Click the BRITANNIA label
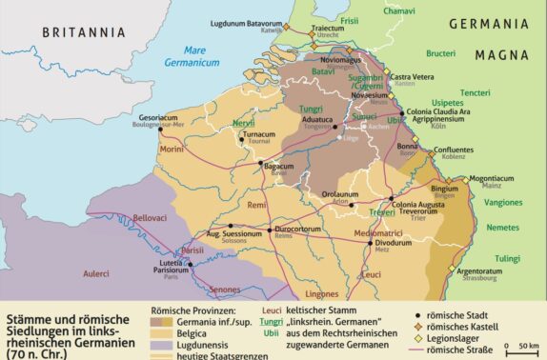(x=84, y=32)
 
